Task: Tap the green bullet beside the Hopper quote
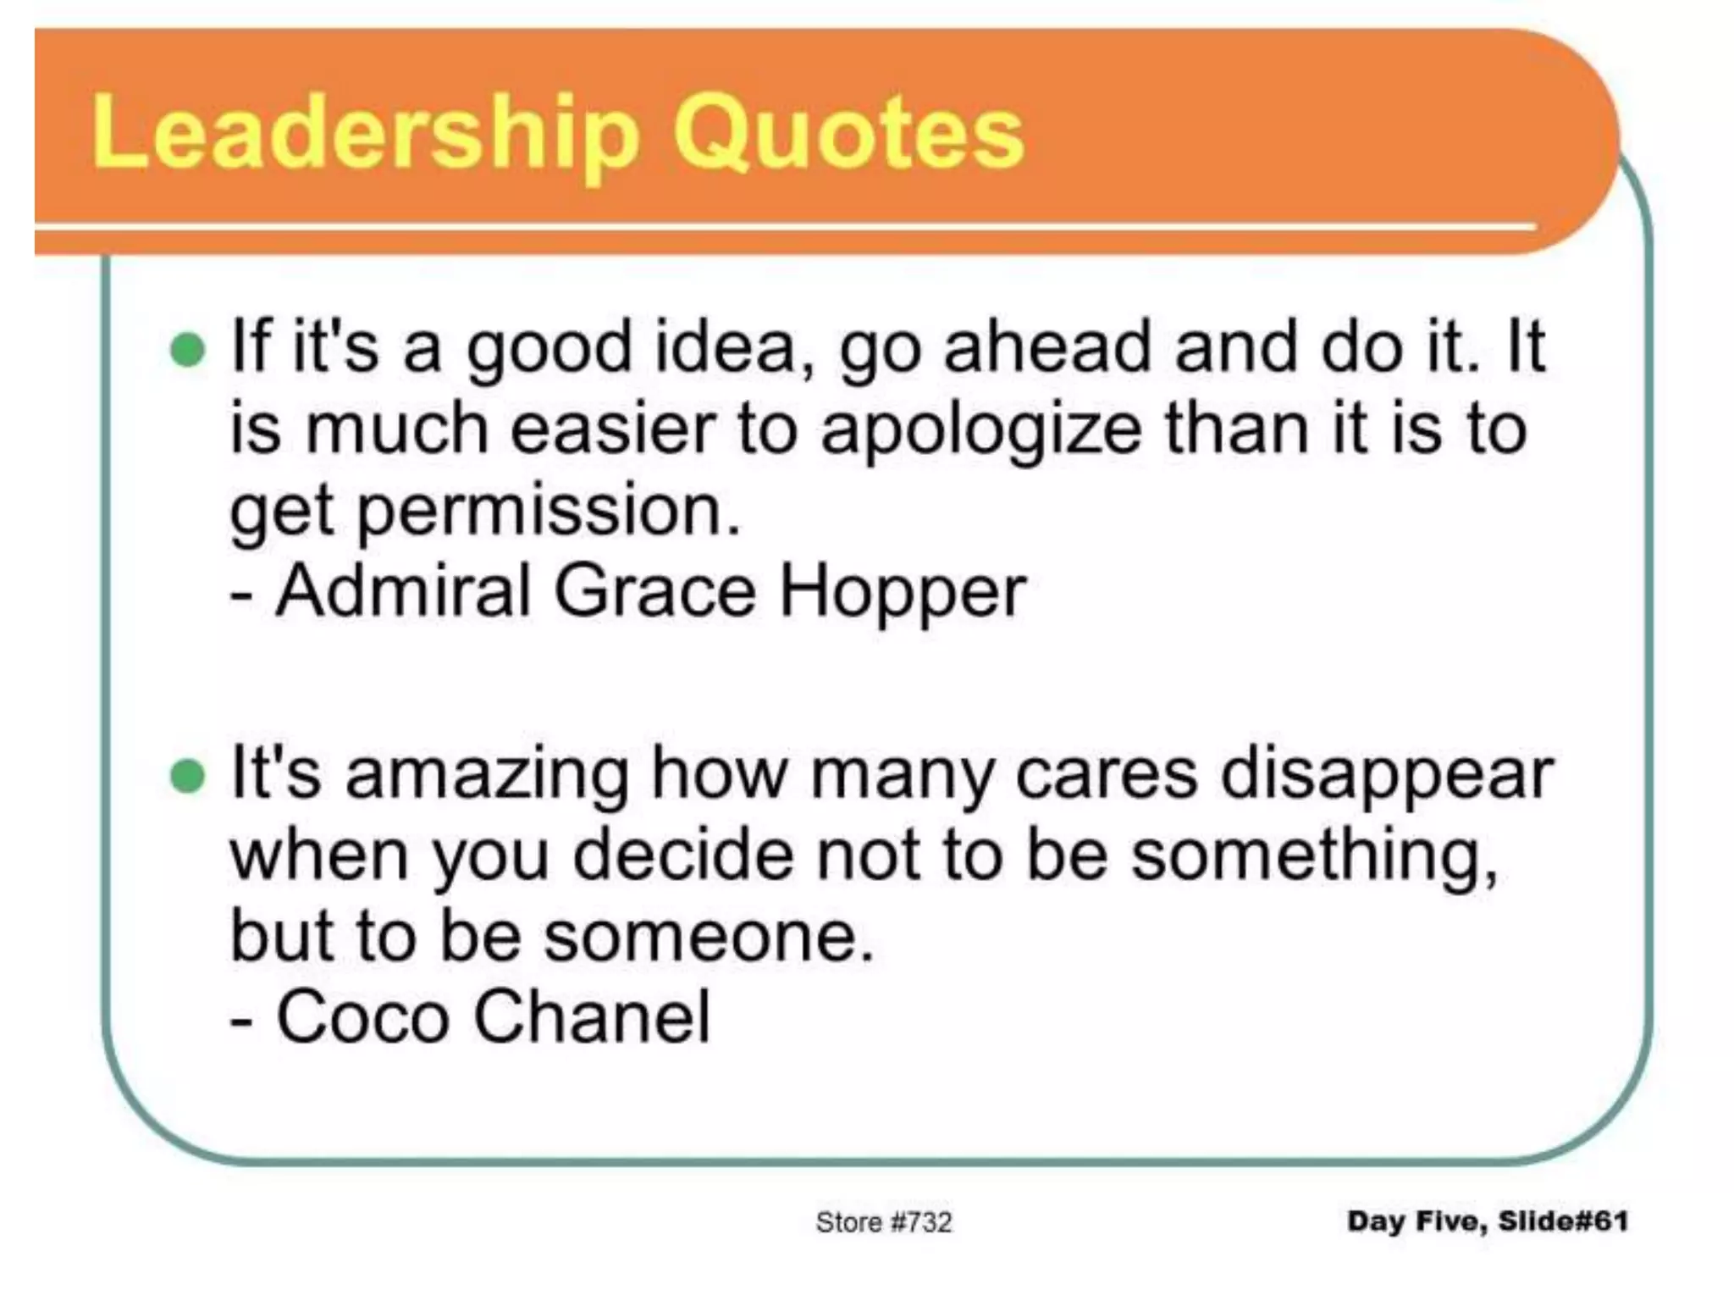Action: [187, 350]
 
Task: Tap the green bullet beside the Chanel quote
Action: [187, 776]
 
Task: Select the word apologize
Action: [980, 430]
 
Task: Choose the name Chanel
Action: [592, 1016]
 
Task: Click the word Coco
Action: [362, 1016]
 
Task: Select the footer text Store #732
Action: [883, 1221]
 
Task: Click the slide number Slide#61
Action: [1563, 1221]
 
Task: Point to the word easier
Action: [614, 430]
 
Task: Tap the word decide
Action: [684, 855]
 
